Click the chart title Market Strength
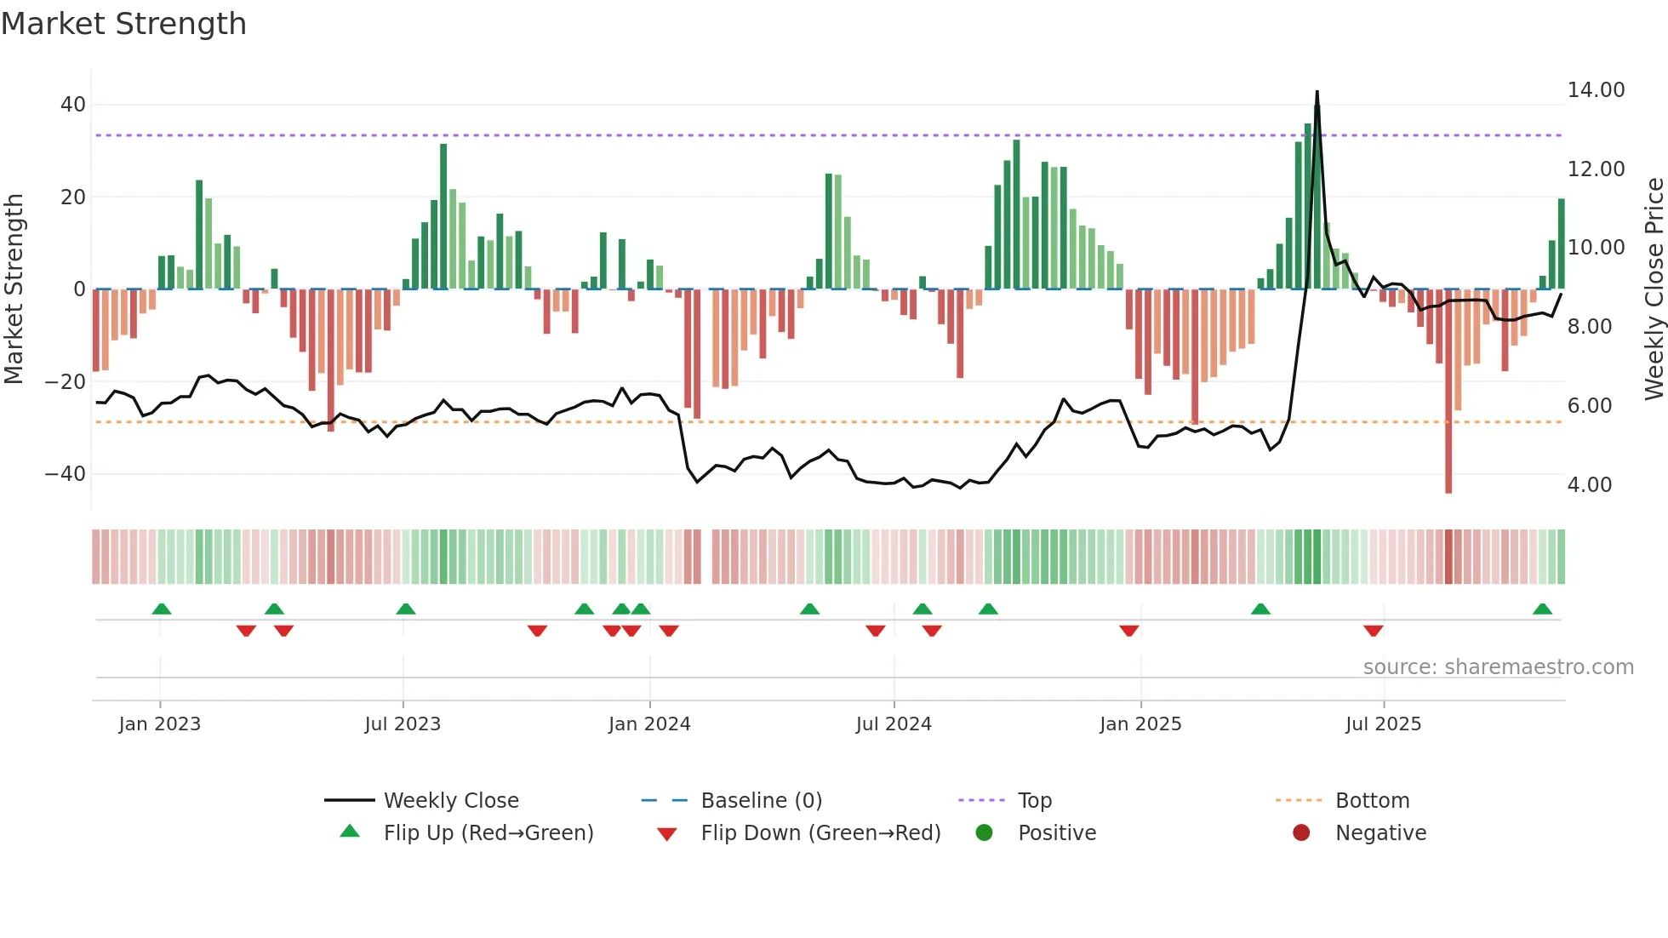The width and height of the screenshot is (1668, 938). pos(123,24)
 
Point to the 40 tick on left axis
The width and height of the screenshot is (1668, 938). pos(72,105)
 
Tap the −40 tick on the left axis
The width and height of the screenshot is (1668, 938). pos(66,473)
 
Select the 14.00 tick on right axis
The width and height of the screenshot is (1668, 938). pos(1596,90)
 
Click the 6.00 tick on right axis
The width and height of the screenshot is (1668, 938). pos(1589,406)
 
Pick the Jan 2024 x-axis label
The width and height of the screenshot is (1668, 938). pos(649,724)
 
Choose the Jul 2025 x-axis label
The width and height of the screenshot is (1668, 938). pos(1383,724)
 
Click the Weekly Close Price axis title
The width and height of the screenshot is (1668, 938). pos(1654,289)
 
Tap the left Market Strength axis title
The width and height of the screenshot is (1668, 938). pos(14,289)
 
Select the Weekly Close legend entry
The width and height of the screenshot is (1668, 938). pos(450,801)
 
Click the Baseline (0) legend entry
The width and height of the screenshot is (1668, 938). pos(761,801)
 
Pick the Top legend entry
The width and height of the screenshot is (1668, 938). pos(1034,801)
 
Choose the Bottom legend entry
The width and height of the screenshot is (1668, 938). pos(1372,801)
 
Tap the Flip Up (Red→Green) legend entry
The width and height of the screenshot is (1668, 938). pos(488,833)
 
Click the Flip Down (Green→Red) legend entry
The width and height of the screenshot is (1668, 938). pos(820,833)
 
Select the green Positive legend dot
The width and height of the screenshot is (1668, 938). pos(985,833)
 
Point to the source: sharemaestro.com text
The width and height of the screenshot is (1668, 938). pos(1498,667)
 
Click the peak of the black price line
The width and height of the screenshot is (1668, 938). pos(1317,92)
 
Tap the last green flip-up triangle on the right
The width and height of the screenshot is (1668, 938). pos(1542,609)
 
